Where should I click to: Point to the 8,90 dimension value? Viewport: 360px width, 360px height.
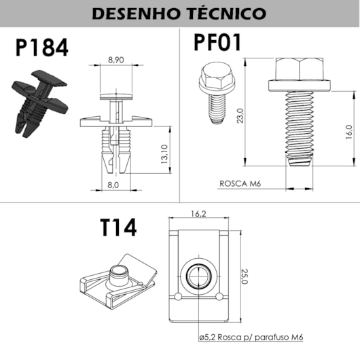(x=117, y=60)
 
